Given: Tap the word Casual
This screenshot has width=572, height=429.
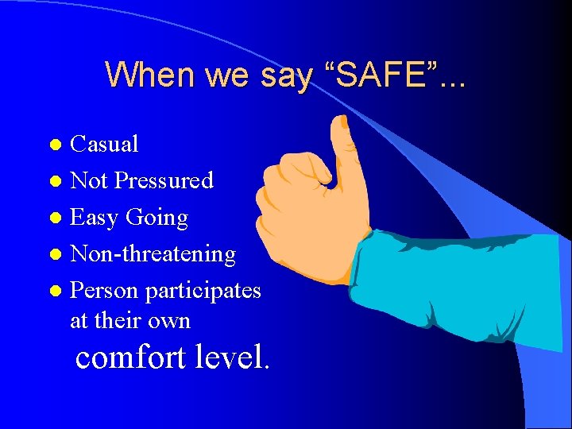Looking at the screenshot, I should [x=104, y=144].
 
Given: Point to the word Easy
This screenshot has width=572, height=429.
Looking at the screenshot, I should [x=94, y=218].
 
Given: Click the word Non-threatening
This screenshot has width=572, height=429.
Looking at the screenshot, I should [x=153, y=254].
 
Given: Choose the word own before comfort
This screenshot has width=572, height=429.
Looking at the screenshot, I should [x=168, y=322].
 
